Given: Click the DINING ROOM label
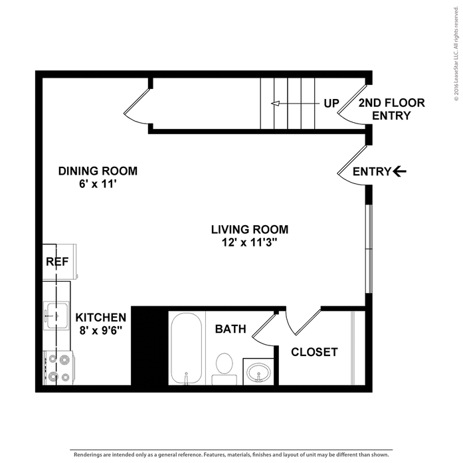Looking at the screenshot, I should tap(98, 171).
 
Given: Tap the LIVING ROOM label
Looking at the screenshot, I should tap(249, 230).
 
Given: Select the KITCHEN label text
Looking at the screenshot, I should tap(100, 317).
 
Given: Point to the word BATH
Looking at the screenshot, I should tap(231, 329).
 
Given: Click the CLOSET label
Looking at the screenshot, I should tap(314, 352).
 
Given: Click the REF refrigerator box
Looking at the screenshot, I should tap(58, 262).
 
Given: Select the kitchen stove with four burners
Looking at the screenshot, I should tap(56, 367).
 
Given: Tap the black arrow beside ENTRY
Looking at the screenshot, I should tap(399, 171).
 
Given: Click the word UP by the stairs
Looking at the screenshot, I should tap(331, 103).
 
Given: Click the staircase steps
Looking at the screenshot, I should tap(286, 104).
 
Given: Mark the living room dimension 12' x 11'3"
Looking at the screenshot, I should tap(249, 243).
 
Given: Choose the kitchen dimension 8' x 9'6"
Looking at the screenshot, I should tap(100, 330).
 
